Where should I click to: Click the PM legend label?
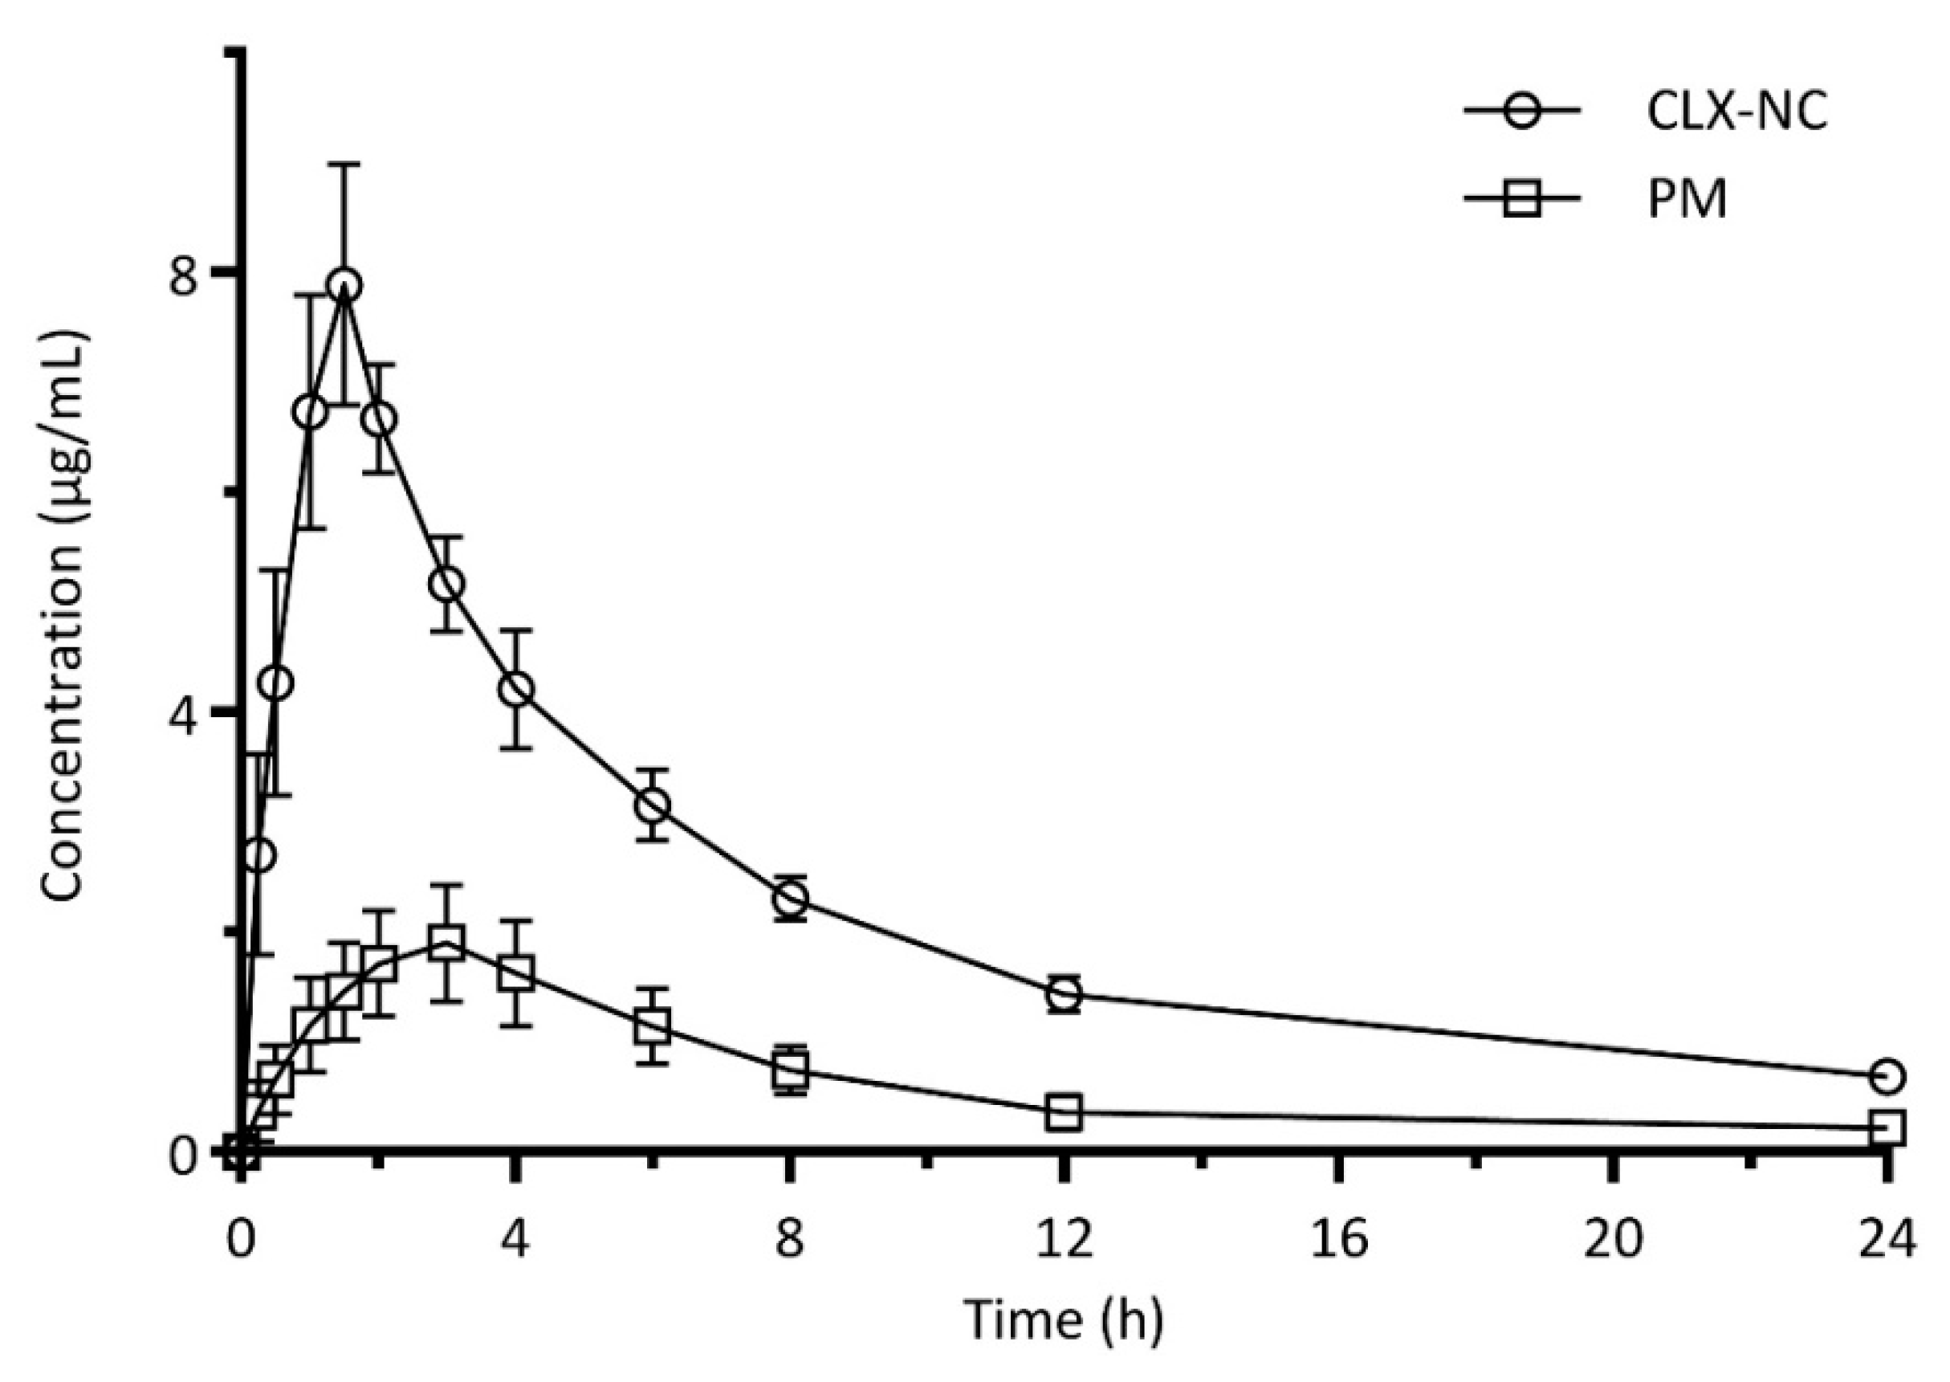1687,200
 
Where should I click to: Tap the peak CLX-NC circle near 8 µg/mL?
344,285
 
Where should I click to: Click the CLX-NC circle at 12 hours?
1064,993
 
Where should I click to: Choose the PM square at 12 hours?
1064,1112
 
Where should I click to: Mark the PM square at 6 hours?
653,1026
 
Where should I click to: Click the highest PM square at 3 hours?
446,944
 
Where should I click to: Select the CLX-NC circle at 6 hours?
653,805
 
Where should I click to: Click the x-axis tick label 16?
1338,1240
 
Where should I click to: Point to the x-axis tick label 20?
1612,1240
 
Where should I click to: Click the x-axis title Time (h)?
1063,1320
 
